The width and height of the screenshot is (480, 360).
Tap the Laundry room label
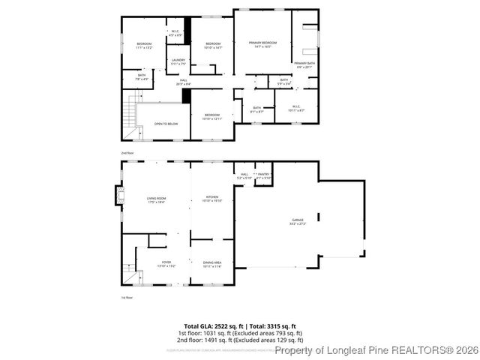click(x=178, y=61)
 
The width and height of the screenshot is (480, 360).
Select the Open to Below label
click(x=166, y=124)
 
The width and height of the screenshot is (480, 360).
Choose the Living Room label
click(x=156, y=199)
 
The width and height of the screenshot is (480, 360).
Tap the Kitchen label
click(x=212, y=199)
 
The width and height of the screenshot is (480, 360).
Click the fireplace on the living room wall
click(x=117, y=196)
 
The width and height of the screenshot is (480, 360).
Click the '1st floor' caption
click(x=127, y=298)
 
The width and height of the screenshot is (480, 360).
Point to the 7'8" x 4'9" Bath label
click(x=142, y=76)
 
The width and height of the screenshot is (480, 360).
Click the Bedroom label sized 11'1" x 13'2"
click(x=144, y=46)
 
